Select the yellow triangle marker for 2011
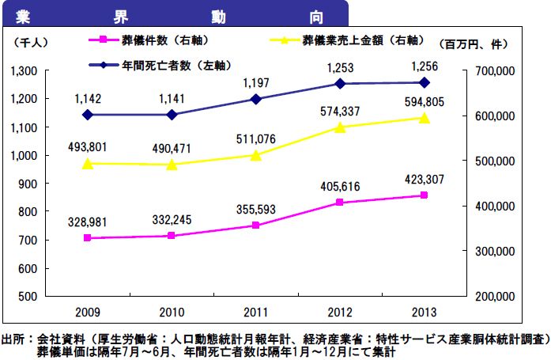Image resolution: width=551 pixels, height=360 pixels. point(255,155)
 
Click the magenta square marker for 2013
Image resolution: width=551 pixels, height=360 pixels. point(424,195)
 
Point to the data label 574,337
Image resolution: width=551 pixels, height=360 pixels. point(339,110)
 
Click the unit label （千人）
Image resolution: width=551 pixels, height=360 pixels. point(30,42)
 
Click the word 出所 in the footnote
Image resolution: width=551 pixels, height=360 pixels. point(12,339)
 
